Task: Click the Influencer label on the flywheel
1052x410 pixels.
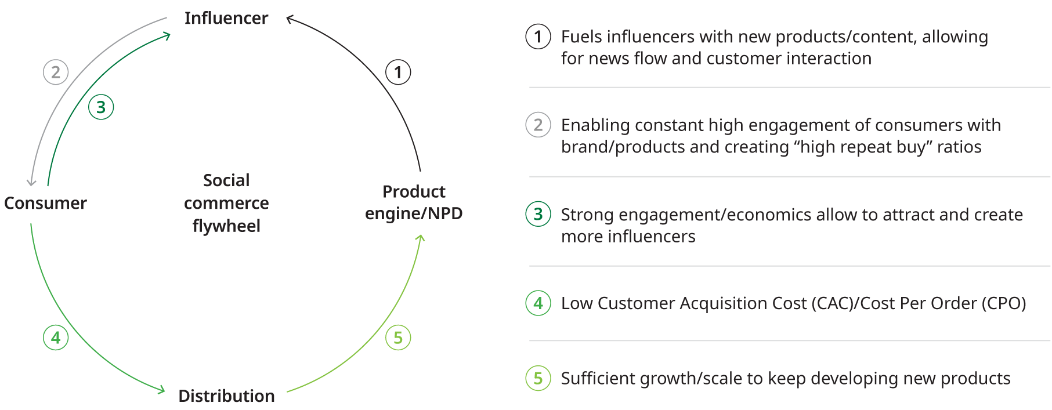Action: [226, 19]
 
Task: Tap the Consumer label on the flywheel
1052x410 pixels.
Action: [45, 204]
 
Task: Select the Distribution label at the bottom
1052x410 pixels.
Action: [226, 396]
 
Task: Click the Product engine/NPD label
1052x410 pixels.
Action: [414, 202]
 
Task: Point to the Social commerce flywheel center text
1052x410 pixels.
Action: [226, 203]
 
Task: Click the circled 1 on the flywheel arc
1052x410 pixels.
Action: [398, 72]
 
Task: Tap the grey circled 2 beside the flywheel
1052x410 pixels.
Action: [56, 72]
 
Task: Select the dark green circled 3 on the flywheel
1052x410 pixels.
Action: [101, 107]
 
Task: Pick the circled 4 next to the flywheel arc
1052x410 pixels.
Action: [56, 338]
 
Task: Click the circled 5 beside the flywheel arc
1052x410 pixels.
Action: [398, 338]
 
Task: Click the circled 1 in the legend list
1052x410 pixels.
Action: [538, 37]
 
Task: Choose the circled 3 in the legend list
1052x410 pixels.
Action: [538, 215]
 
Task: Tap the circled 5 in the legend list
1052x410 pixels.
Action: [538, 379]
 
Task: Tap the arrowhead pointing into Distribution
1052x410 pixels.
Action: [162, 390]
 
